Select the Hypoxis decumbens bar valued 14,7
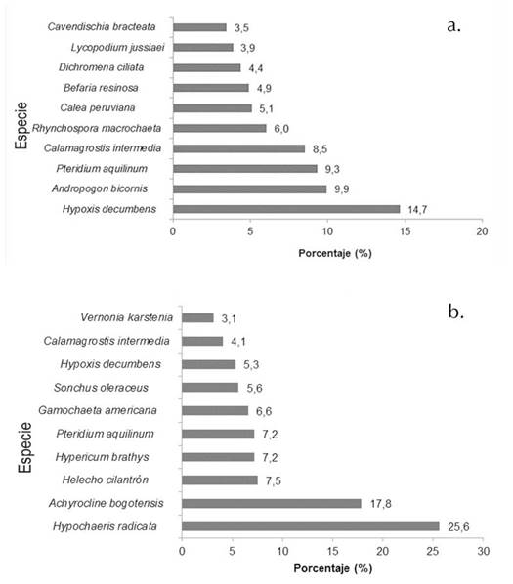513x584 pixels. (x=286, y=209)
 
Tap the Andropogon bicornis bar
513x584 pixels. (x=249, y=188)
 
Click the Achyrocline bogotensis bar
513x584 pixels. (x=271, y=504)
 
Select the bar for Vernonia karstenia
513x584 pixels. (x=197, y=317)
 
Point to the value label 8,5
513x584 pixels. (x=320, y=148)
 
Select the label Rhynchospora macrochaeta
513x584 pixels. (x=99, y=128)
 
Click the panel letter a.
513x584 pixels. (x=453, y=27)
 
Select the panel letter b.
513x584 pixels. (x=455, y=313)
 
